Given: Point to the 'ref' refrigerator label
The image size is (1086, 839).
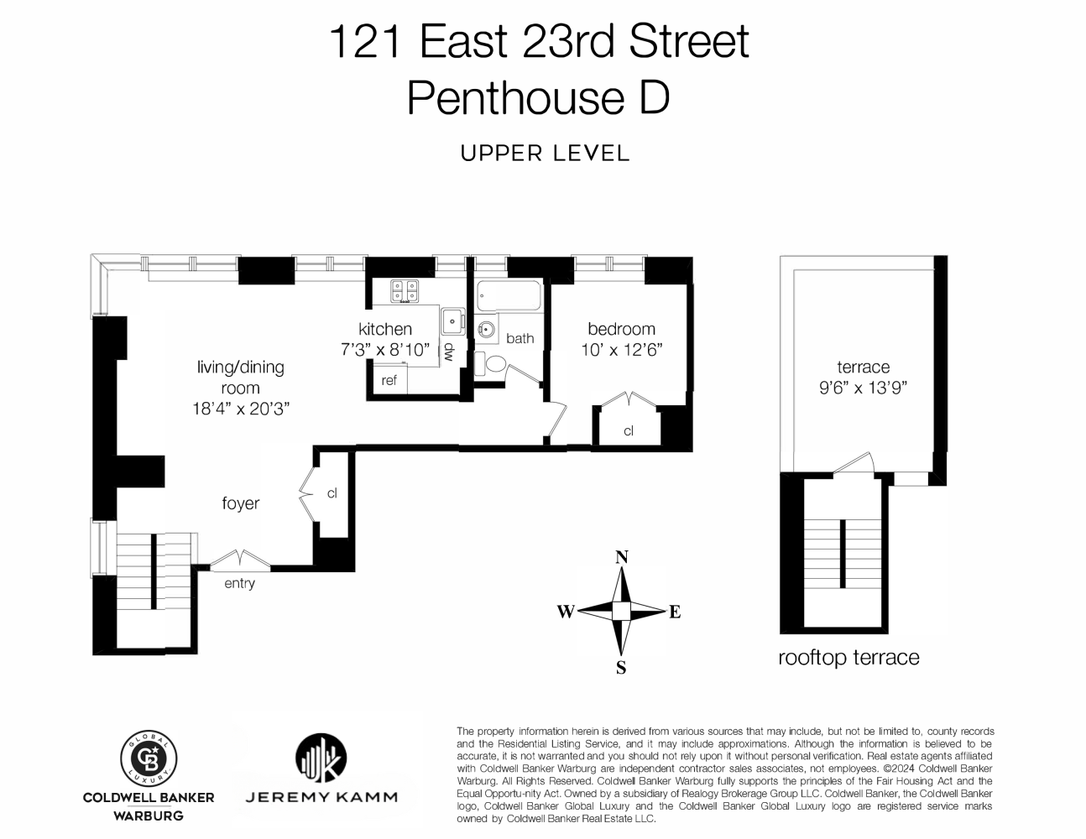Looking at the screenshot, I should (x=389, y=380).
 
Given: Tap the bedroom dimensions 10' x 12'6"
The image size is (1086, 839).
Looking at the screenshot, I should (x=622, y=350).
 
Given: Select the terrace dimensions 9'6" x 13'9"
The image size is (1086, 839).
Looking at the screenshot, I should (x=863, y=388).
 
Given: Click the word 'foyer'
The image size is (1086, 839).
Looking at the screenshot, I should (x=240, y=503).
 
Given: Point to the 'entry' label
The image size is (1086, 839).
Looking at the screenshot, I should (x=239, y=583).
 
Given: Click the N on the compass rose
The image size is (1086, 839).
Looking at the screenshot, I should (x=622, y=557).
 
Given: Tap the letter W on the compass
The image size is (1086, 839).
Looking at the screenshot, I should (x=565, y=612).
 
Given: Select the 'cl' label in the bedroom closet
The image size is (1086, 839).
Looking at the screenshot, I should (x=629, y=431).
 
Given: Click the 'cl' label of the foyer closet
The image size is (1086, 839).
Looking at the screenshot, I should (x=332, y=493).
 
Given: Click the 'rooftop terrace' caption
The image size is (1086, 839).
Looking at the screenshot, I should (x=848, y=657).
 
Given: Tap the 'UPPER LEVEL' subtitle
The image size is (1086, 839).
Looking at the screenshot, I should (x=545, y=154).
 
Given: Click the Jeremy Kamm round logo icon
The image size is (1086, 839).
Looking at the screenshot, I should (x=321, y=758).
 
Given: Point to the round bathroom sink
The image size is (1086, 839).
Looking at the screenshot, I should (x=486, y=330).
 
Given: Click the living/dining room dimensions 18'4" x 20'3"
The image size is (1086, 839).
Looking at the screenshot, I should (x=241, y=409).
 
